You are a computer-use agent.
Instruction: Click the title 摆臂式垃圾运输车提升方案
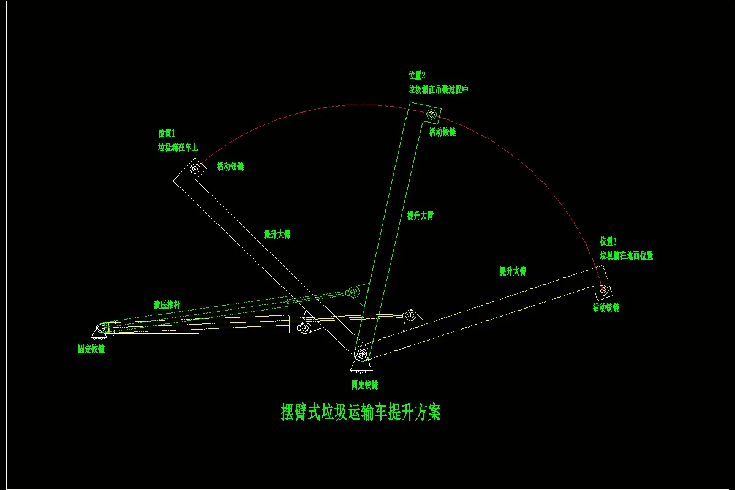pyautogui.click(x=360, y=412)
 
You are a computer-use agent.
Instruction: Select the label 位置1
pyautogui.click(x=167, y=133)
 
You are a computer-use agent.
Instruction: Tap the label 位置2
pyautogui.click(x=417, y=75)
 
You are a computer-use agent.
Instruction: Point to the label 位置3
pyautogui.click(x=608, y=241)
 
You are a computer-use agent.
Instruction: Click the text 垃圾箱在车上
pyautogui.click(x=178, y=148)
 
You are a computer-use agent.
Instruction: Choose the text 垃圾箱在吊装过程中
pyautogui.click(x=439, y=89)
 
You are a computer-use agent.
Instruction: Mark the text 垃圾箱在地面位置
pyautogui.click(x=626, y=256)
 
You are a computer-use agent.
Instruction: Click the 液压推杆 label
pyautogui.click(x=167, y=304)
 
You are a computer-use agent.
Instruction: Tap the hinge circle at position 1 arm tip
pyautogui.click(x=195, y=168)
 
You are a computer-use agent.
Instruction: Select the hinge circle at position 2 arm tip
pyautogui.click(x=432, y=114)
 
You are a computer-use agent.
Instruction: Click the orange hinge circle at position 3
pyautogui.click(x=603, y=289)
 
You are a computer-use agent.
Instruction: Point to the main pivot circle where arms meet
pyautogui.click(x=363, y=353)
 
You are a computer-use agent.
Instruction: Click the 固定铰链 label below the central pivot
pyautogui.click(x=364, y=385)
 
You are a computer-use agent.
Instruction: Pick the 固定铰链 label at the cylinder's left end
pyautogui.click(x=91, y=349)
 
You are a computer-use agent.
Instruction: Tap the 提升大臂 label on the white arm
pyautogui.click(x=277, y=235)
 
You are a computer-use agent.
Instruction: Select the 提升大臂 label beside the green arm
pyautogui.click(x=420, y=216)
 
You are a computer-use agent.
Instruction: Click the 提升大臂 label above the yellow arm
pyautogui.click(x=513, y=271)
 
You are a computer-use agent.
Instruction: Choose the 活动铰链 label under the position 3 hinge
pyautogui.click(x=606, y=307)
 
